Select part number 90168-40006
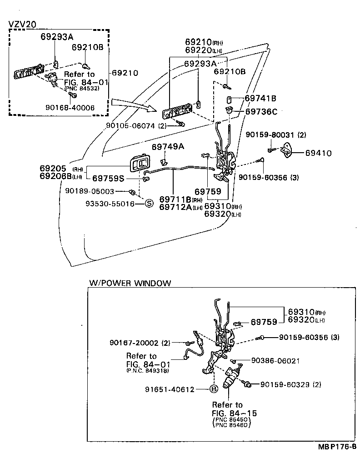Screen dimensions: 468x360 70,108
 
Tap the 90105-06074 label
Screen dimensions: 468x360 131,125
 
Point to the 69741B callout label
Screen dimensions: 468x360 260,98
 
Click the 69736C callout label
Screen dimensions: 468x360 261,111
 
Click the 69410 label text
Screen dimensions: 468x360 318,154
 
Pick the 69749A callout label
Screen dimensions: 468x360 168,146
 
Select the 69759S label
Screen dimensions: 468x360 109,179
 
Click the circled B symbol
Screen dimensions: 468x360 214,389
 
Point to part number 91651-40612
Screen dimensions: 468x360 170,389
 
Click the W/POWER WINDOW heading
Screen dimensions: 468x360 130,283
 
